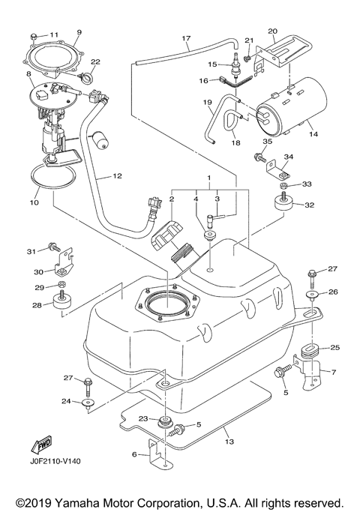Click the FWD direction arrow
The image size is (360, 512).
pos(43,447)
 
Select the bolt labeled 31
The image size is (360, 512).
pos(55,247)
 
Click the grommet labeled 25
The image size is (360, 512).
pos(308,352)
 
